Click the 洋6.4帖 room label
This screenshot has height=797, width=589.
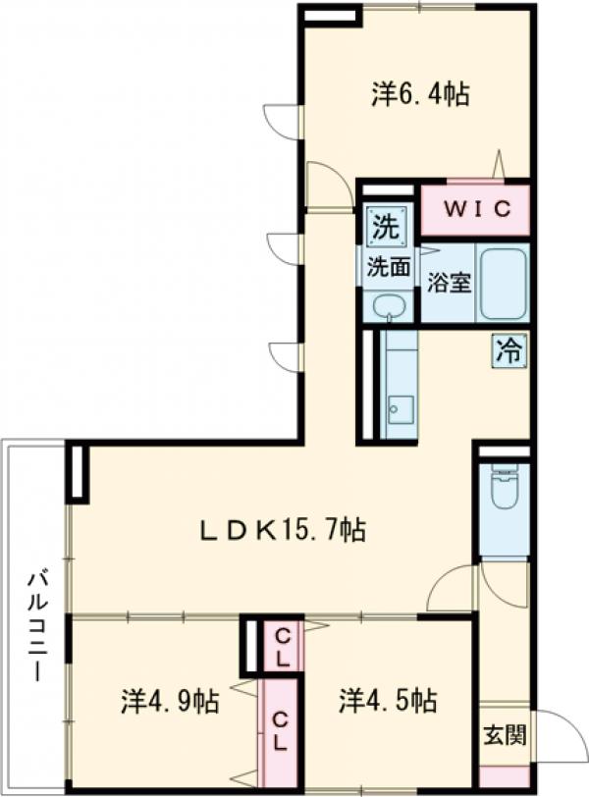pos(419,95)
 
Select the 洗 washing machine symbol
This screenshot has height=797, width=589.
pos(386,228)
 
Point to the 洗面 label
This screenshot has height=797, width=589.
pos(388,265)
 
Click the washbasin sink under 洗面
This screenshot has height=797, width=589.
pos(390,304)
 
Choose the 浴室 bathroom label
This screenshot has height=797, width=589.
pos(450,282)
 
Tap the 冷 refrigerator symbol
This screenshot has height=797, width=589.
pos(509,348)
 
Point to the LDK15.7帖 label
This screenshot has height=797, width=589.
pos(285,531)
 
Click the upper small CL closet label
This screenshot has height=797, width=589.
pos(282,643)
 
